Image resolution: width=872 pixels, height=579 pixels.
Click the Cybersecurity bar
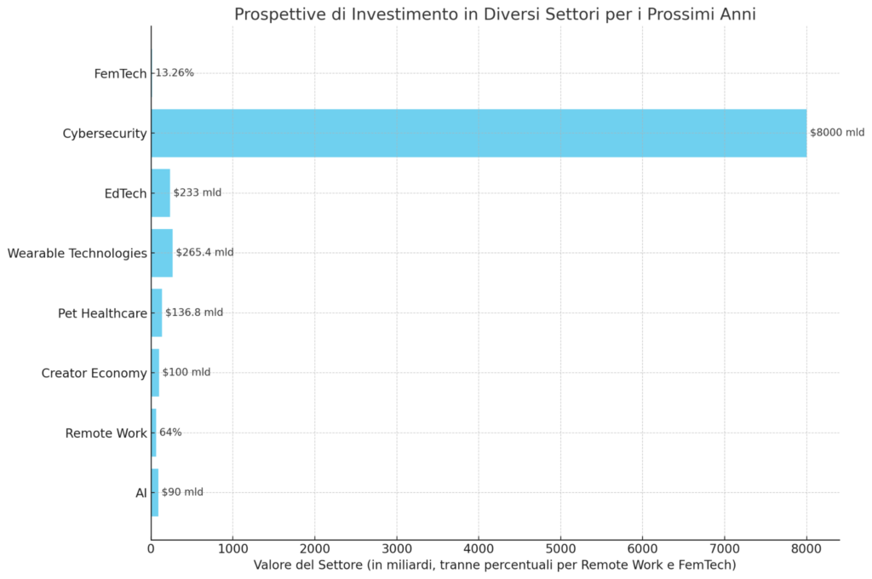[x=479, y=133]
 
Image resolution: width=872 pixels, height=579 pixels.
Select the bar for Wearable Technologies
[x=162, y=253]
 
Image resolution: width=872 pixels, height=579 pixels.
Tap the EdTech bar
[x=161, y=192]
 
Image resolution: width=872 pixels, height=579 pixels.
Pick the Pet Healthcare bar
[x=157, y=312]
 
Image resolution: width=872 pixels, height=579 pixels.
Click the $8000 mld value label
[x=836, y=133]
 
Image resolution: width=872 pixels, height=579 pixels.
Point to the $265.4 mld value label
[x=204, y=253]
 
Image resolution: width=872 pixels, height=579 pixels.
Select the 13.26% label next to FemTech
[x=175, y=73]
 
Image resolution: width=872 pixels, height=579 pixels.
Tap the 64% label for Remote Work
[x=170, y=433]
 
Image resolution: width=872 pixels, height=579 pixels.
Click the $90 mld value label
[x=182, y=492]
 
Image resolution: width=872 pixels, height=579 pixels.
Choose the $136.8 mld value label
[x=194, y=312]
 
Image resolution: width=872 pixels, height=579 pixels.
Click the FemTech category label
[x=120, y=74]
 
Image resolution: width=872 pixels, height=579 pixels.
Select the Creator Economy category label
[x=94, y=373]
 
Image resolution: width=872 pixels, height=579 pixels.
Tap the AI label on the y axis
[x=141, y=493]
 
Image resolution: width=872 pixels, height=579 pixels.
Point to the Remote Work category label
[x=106, y=433]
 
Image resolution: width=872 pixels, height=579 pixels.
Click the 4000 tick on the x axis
[x=479, y=549]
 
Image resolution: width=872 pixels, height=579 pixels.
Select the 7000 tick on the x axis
[x=725, y=549]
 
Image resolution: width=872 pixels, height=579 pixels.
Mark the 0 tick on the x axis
[x=152, y=549]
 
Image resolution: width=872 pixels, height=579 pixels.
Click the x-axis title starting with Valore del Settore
[x=495, y=565]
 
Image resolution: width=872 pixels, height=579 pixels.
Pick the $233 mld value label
[x=197, y=192]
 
